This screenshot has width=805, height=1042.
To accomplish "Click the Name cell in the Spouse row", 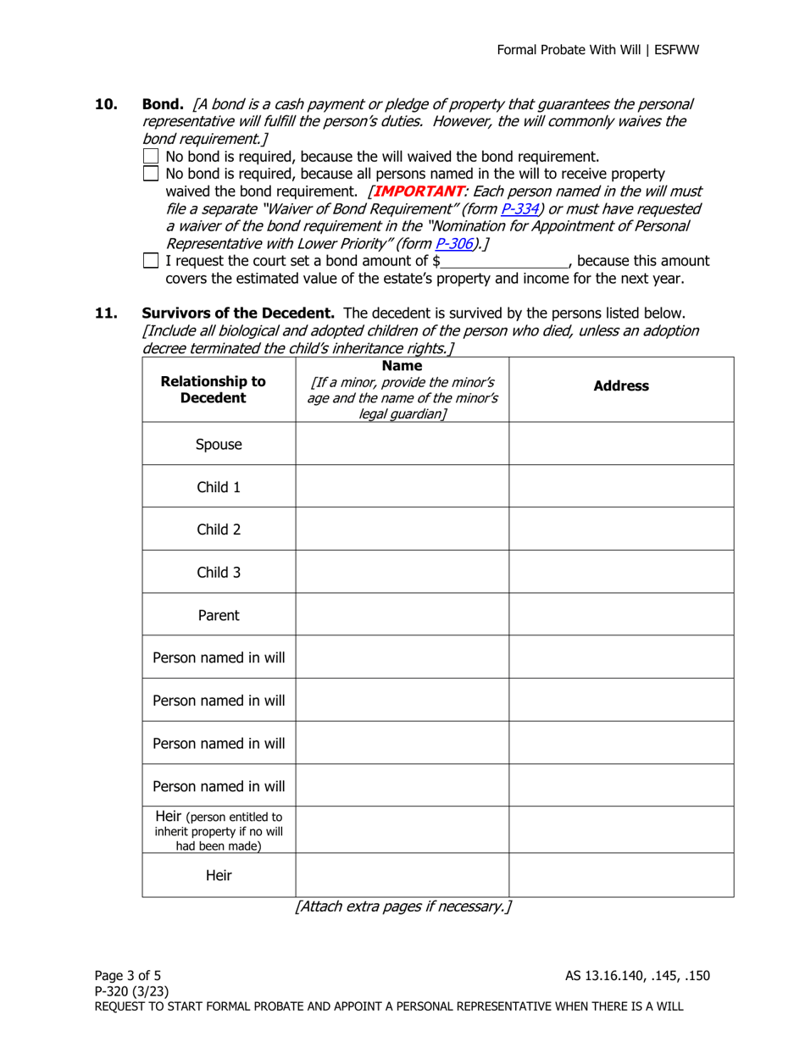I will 402,443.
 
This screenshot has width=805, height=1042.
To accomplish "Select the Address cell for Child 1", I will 621,486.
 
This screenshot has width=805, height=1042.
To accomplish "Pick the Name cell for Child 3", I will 402,572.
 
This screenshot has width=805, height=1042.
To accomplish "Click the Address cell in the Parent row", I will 621,615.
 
